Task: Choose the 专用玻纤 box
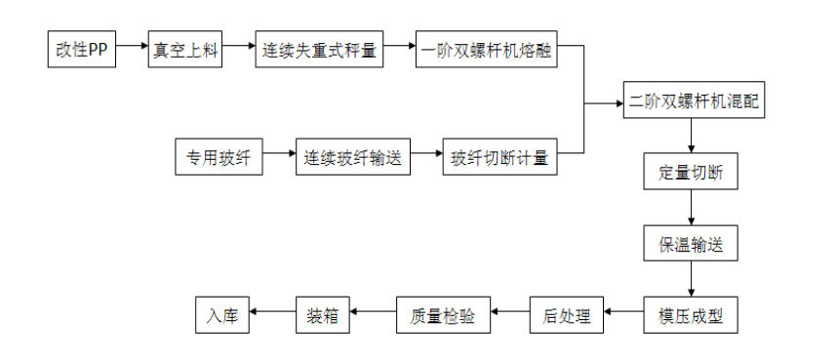[219, 157]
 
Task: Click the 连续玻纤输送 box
[352, 157]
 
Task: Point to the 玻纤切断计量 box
[500, 157]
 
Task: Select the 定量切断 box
[691, 173]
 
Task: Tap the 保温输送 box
[691, 243]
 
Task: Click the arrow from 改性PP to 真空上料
[132, 48]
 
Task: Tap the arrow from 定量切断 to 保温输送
[691, 208]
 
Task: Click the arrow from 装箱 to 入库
[273, 312]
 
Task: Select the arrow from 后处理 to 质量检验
[510, 312]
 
